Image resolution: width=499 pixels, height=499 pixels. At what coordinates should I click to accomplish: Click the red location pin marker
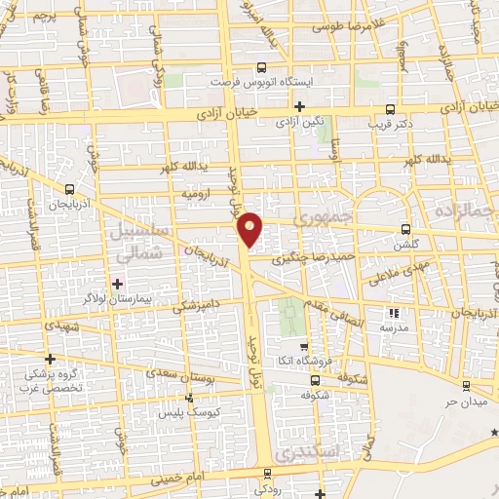click(250, 228)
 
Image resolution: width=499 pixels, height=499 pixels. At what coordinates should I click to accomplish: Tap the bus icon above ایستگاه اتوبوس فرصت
click(259, 68)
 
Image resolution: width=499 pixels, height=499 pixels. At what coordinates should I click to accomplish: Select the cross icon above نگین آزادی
click(299, 106)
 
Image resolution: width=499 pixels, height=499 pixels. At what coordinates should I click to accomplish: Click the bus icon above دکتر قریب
click(390, 109)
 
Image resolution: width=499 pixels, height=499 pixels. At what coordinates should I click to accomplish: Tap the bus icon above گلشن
click(405, 230)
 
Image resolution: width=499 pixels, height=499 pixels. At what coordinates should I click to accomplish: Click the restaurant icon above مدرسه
click(395, 314)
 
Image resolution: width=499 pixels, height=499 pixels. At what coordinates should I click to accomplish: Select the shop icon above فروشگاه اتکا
click(304, 346)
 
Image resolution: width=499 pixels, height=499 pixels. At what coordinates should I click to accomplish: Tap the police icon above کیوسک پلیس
click(189, 398)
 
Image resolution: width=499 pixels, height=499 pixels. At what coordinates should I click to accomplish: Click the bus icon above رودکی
click(267, 473)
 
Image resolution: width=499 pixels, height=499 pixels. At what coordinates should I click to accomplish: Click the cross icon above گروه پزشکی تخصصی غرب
click(50, 360)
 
